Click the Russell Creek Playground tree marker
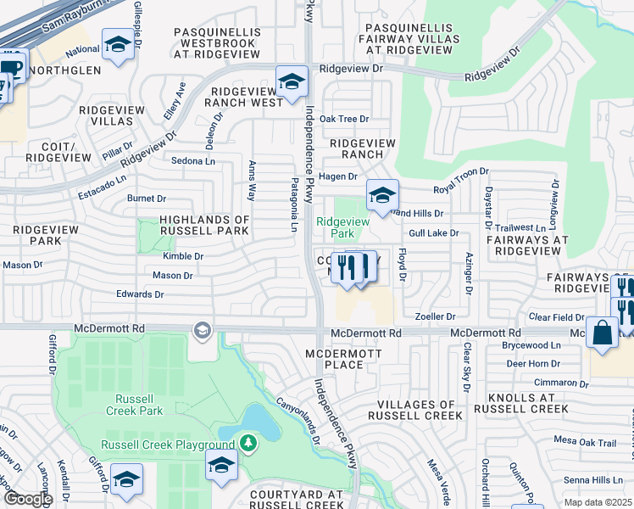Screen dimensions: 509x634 [x=247, y=443]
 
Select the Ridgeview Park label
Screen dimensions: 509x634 [x=342, y=227]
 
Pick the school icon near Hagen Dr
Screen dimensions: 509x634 [x=381, y=197]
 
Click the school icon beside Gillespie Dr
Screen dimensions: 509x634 [x=118, y=44]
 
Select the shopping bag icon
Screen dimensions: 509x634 [x=603, y=334]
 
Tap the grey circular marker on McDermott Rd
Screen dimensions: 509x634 [x=202, y=329]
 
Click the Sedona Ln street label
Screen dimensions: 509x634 [x=193, y=160]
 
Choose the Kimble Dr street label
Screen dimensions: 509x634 [x=184, y=255]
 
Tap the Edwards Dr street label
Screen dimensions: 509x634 [x=141, y=294]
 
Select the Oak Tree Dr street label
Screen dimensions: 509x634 [x=344, y=119]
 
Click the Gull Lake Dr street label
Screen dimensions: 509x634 [x=433, y=232]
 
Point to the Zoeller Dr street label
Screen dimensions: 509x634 [x=436, y=316]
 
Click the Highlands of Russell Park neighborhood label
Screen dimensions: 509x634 [x=196, y=226]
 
